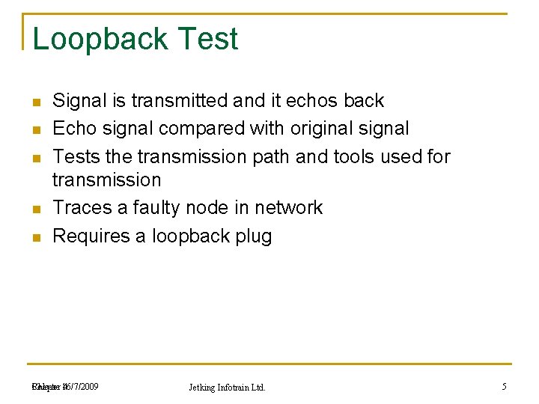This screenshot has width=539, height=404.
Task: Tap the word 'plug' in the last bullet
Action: (254, 237)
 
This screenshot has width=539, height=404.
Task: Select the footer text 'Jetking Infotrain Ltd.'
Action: (228, 388)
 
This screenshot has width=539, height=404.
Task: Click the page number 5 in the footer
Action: (504, 387)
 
